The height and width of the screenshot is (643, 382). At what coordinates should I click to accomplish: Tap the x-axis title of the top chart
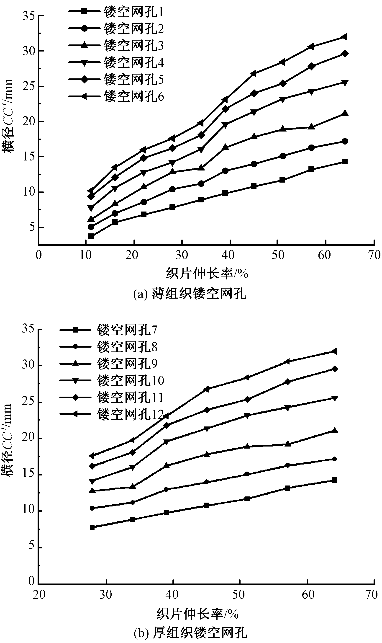pyautogui.click(x=207, y=274)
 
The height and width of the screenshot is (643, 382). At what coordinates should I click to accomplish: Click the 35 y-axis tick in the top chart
pyautogui.click(x=28, y=16)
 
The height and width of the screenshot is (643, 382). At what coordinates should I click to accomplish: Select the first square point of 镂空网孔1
pyautogui.click(x=91, y=236)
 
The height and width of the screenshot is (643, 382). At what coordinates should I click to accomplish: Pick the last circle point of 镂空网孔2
pyautogui.click(x=345, y=141)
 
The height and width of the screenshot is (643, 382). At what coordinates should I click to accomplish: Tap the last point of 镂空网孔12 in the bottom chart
pyautogui.click(x=334, y=351)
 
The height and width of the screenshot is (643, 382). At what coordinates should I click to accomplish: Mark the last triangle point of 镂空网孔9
pyautogui.click(x=334, y=430)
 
